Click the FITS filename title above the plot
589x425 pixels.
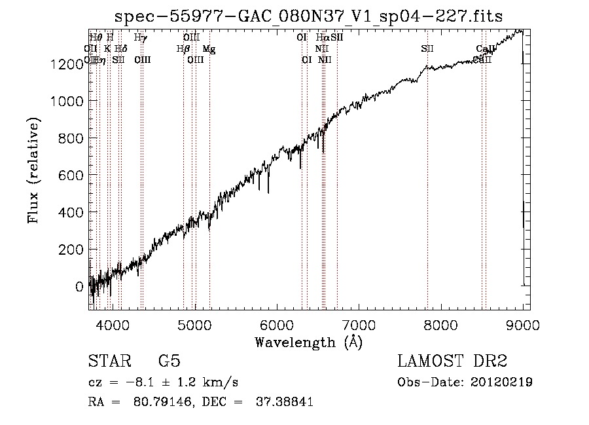308,16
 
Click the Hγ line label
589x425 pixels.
141,38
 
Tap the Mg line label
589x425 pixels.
208,49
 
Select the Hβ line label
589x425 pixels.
183,49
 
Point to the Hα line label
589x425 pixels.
321,38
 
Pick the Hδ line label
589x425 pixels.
120,49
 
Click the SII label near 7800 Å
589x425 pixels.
427,49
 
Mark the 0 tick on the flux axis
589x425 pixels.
79,287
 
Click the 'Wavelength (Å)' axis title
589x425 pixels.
308,342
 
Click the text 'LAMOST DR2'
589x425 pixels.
452,361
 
